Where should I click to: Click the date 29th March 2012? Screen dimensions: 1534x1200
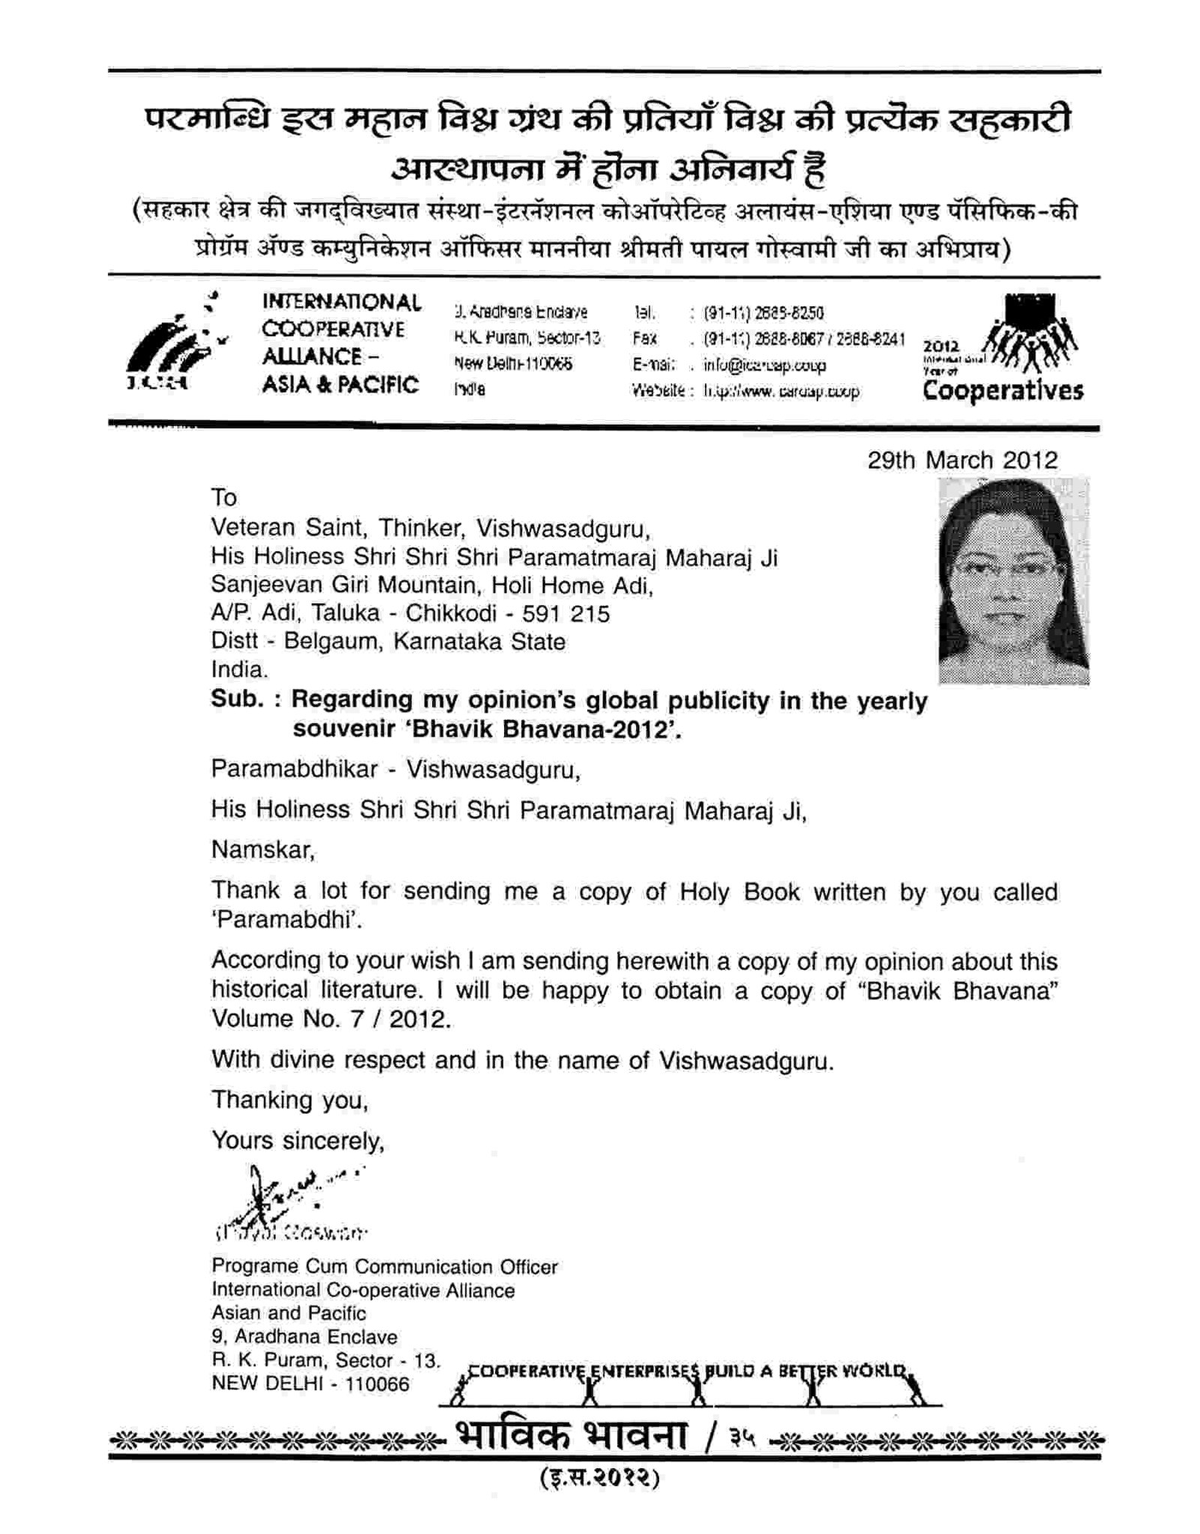pos(961,460)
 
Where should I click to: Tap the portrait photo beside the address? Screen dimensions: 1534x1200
pos(1012,581)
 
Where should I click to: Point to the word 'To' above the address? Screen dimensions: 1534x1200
pos(223,497)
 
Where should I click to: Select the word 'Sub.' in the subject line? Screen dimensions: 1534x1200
pos(237,699)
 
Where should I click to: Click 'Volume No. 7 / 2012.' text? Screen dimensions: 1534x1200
pos(331,1019)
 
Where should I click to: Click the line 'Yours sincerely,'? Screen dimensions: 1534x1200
pos(297,1140)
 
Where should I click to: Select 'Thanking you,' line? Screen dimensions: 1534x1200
pos(289,1100)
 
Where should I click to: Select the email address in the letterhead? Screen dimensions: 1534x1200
pos(764,365)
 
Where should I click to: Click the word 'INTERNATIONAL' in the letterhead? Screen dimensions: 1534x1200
pos(341,302)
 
